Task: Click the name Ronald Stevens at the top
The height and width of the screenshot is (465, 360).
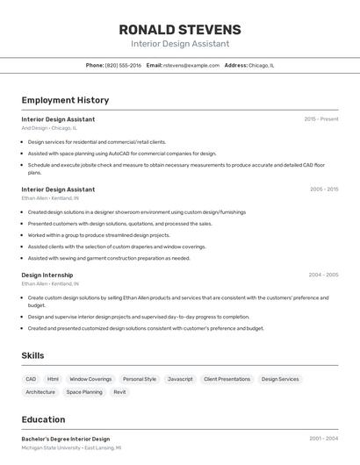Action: coord(180,30)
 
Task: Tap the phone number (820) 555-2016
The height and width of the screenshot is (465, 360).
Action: coord(123,65)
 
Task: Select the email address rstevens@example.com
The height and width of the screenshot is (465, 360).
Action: coord(191,65)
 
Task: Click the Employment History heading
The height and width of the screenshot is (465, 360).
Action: coord(65,100)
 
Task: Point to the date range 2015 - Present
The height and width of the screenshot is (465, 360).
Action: coord(321,118)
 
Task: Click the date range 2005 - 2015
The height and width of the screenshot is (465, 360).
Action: coord(323,189)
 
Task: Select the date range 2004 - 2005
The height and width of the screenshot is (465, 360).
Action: coord(323,275)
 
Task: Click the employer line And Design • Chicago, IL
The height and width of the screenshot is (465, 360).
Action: coord(49,128)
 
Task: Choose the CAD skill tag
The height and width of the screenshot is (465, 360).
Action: coord(32,379)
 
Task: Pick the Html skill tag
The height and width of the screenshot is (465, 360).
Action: coord(54,379)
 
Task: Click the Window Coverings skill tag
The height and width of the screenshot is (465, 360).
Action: coord(90,379)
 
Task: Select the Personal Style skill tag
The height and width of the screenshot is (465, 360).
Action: coord(140,379)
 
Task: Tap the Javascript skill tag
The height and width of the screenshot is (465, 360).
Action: coord(180,379)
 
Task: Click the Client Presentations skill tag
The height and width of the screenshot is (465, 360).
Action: coord(227,379)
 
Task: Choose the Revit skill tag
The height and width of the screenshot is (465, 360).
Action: coord(119,392)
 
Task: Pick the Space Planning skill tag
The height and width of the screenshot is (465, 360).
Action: coord(84,392)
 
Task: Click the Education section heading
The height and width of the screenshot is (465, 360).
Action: coord(43,419)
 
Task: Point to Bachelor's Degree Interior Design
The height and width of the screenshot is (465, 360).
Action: coord(66,439)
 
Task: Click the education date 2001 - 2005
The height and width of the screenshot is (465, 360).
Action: coord(323,439)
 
